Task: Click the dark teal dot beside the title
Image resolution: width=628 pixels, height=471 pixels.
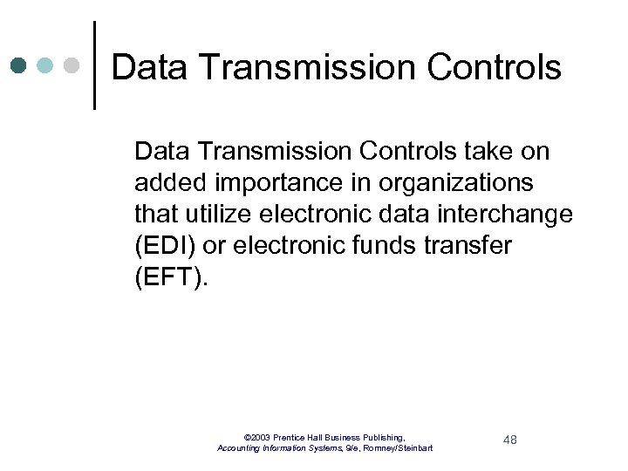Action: pyautogui.click(x=18, y=65)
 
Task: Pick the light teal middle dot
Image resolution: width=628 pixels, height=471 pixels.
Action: pyautogui.click(x=45, y=65)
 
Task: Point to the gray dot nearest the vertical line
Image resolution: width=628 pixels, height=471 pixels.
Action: pyautogui.click(x=72, y=65)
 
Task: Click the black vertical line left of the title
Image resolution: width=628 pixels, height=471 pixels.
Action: pyautogui.click(x=94, y=65)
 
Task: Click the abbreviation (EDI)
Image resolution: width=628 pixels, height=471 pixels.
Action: pyautogui.click(x=163, y=246)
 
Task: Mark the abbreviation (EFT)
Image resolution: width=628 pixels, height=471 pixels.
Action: pyautogui.click(x=172, y=277)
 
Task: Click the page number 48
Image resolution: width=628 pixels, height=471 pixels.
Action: pyautogui.click(x=509, y=440)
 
